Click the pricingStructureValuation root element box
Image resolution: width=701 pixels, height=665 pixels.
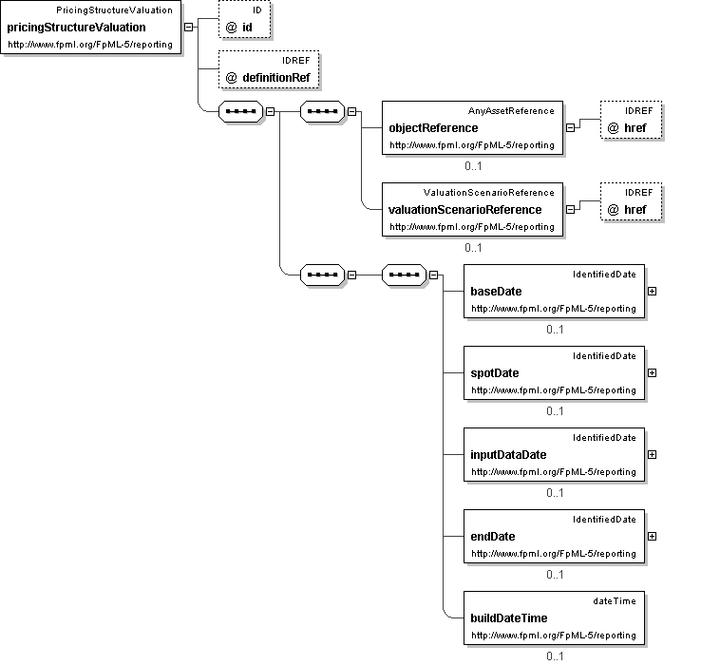pos(92,28)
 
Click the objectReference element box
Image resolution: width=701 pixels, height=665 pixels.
pos(472,127)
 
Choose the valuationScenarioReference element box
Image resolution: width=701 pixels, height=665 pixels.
pos(472,209)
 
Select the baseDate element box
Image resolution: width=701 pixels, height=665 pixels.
pos(554,291)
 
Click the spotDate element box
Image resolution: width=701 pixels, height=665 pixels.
pos(554,372)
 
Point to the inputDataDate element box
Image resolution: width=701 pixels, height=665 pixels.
pos(554,454)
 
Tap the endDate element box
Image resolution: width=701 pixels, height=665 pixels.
pos(554,536)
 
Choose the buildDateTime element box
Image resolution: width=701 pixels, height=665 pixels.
pos(554,617)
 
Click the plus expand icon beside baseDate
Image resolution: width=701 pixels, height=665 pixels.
pos(652,291)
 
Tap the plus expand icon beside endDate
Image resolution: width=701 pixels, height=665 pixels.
pos(652,536)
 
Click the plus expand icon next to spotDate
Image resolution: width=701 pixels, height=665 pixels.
pos(652,372)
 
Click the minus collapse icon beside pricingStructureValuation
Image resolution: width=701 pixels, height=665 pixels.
pos(189,27)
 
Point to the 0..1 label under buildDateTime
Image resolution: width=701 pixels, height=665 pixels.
pos(555,655)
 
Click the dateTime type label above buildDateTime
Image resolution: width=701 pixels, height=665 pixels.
pos(614,600)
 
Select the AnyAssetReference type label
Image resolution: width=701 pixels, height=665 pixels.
pos(511,110)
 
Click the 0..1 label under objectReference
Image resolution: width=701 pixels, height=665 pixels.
pos(473,165)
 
